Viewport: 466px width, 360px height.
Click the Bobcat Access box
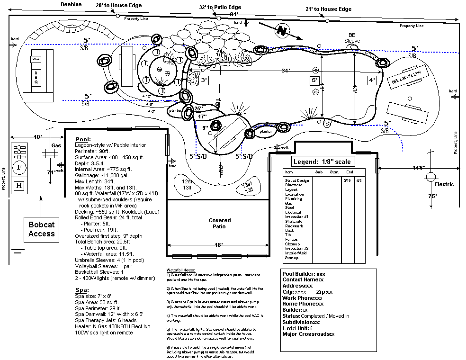click(41, 229)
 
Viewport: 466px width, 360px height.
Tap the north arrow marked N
click(283, 31)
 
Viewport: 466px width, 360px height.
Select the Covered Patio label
click(220, 223)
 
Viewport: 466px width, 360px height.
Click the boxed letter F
click(19, 167)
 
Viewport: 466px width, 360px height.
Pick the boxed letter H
click(19, 185)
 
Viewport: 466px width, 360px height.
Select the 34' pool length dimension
click(285, 71)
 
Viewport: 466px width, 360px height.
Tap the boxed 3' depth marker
click(204, 80)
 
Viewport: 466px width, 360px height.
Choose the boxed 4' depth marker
click(372, 80)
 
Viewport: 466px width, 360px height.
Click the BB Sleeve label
click(352, 38)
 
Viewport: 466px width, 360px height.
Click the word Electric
click(444, 184)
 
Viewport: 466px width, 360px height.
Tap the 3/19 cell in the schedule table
click(346, 180)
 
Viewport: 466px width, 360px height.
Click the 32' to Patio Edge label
click(220, 7)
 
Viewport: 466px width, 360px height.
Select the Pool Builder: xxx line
click(304, 273)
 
